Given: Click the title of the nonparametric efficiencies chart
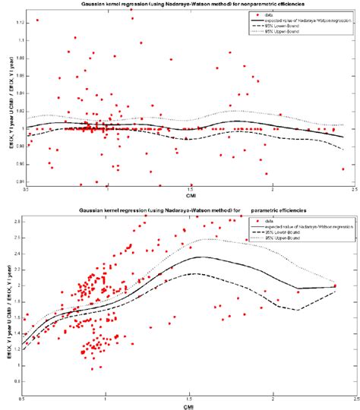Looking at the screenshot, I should (x=189, y=5).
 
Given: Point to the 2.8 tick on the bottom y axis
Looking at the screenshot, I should (x=17, y=221).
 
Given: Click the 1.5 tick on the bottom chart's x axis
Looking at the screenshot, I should (x=190, y=399).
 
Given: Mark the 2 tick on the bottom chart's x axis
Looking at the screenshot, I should (x=271, y=399).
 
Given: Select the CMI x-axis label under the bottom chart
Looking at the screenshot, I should (x=190, y=405).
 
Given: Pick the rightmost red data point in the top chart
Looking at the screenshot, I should (x=344, y=169).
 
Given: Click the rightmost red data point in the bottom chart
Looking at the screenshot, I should (x=335, y=285).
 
